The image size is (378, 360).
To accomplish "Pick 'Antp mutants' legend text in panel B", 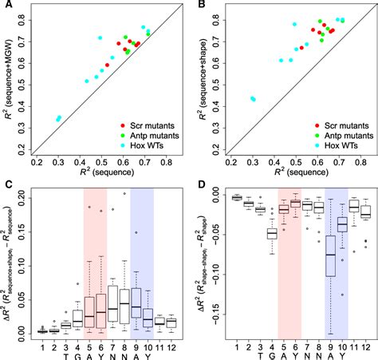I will click(x=340, y=136).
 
